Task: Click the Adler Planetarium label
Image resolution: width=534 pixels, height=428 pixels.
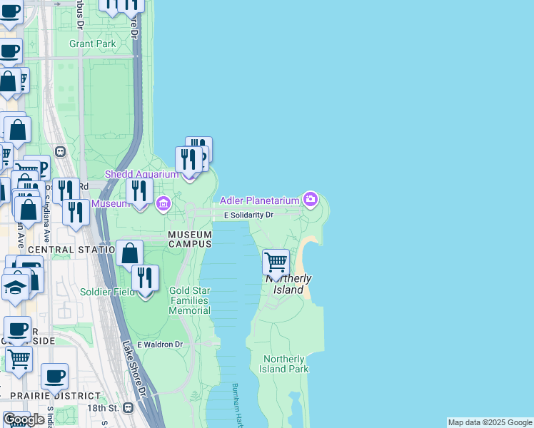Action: tap(260, 199)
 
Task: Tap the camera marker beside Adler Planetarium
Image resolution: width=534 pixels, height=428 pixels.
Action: tap(310, 199)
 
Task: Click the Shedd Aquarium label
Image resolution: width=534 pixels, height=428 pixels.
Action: tap(141, 174)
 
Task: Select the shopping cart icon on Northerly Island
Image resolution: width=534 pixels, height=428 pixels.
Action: tap(276, 262)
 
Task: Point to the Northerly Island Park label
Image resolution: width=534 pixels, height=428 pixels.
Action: tap(285, 364)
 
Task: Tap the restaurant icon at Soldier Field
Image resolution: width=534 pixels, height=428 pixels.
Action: tap(145, 279)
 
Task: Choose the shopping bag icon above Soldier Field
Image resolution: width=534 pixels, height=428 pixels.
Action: tap(129, 253)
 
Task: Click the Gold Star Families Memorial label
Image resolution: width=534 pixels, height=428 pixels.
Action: tap(190, 300)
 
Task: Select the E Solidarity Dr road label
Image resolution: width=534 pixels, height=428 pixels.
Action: tap(248, 215)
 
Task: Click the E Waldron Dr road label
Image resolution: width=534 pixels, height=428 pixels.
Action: tap(160, 345)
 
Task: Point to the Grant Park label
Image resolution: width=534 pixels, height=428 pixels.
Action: tap(92, 44)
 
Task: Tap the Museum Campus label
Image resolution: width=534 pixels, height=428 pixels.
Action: tap(190, 239)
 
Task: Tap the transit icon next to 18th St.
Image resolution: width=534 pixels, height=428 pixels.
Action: tap(128, 408)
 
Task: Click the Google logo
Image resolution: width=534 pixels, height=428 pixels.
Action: tap(24, 419)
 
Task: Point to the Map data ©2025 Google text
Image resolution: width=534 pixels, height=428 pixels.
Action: tap(490, 422)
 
